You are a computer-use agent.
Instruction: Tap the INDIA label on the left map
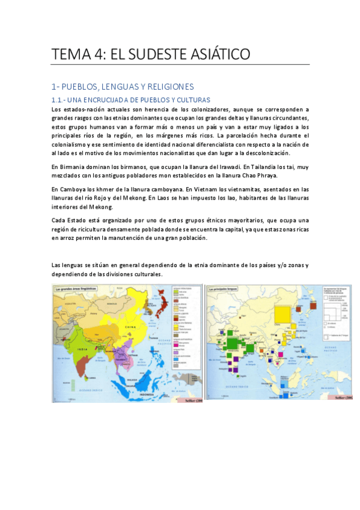(x=85, y=348)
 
